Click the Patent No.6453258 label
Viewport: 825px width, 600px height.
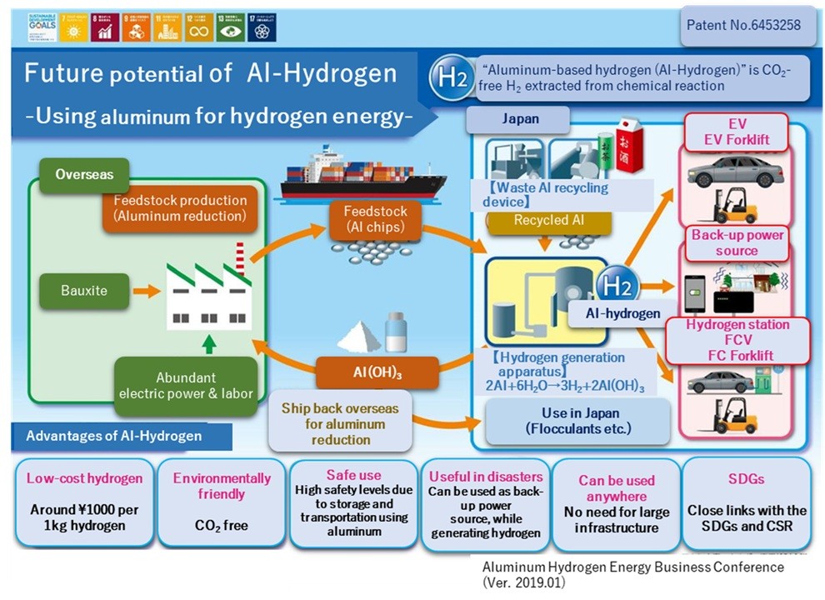743,25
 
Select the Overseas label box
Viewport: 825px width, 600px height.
84,175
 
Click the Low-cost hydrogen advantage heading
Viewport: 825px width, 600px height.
84,478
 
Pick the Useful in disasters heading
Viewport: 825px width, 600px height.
485,477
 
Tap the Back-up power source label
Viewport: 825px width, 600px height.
737,242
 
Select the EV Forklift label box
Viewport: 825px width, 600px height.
737,132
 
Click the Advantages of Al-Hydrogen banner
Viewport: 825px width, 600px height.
112,436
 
